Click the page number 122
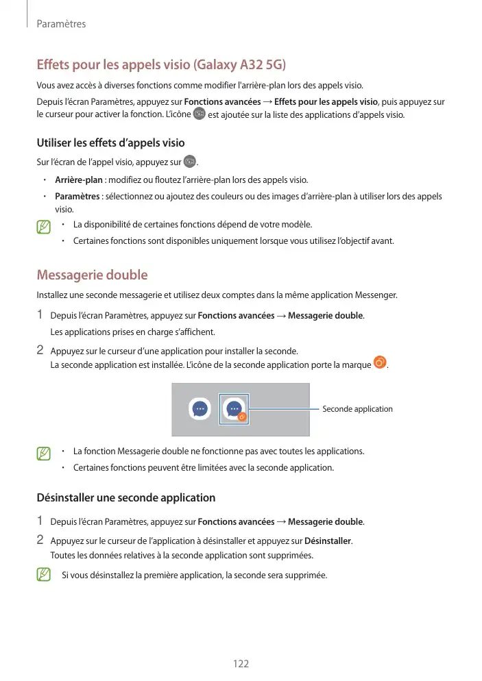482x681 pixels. (x=241, y=663)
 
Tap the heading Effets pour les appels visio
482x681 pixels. (x=160, y=66)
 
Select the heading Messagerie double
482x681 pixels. (x=91, y=275)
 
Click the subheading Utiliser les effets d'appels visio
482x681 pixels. (x=110, y=143)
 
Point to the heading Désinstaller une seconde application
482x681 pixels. (x=125, y=497)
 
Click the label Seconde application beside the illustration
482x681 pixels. (x=357, y=409)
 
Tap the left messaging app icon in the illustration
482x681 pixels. (x=200, y=409)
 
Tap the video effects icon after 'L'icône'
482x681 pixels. (x=200, y=114)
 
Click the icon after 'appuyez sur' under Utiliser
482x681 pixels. (x=189, y=162)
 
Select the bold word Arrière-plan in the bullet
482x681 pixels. (x=79, y=180)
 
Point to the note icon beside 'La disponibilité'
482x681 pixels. (x=45, y=225)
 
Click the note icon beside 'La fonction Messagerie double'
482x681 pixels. (x=45, y=453)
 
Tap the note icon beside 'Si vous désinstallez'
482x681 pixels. (x=45, y=574)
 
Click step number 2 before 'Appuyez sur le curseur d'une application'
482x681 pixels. (x=40, y=350)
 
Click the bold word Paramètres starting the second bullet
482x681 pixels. (x=77, y=197)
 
